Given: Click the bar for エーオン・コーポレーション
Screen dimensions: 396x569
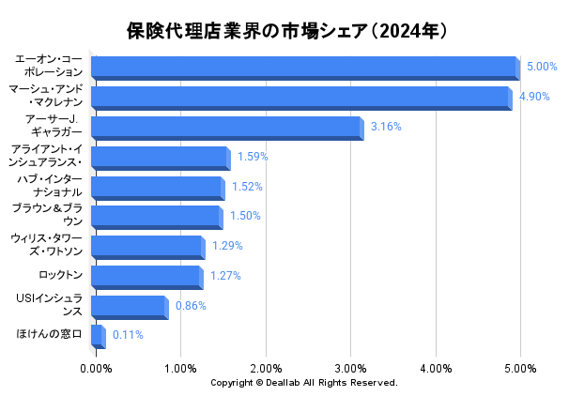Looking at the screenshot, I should [305, 68].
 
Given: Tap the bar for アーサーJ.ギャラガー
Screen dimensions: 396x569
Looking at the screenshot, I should [226, 128].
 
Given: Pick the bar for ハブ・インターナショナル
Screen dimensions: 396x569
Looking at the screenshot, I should [157, 187].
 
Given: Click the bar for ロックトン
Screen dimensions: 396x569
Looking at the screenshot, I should [146, 277].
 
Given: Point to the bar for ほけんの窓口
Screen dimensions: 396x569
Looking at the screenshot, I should [97, 336].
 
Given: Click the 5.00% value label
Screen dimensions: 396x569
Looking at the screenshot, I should [542, 67].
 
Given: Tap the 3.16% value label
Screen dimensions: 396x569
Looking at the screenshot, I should [386, 127].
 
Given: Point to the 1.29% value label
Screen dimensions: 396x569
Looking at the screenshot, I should [227, 246].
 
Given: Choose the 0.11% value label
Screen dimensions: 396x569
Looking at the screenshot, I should [128, 334].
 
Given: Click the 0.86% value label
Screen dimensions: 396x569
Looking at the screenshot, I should [191, 306].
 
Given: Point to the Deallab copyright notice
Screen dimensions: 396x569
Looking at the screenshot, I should [303, 383].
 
